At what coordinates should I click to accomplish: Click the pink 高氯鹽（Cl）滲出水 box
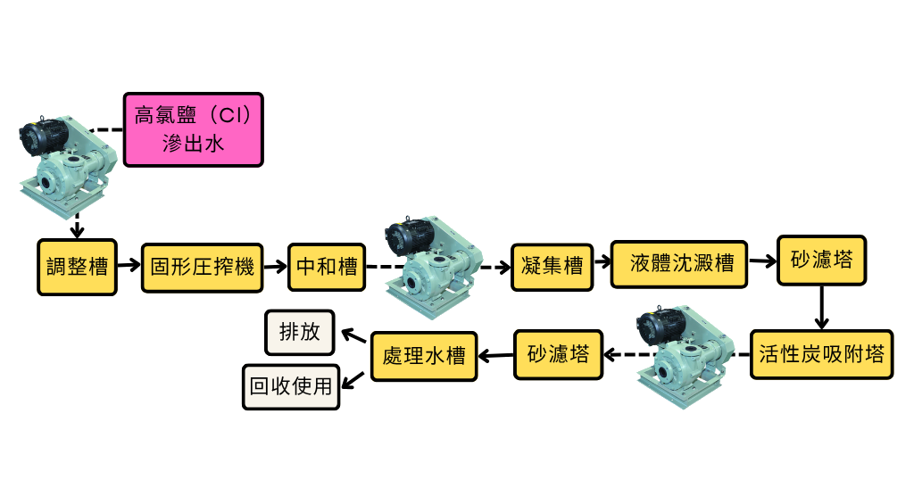coord(194,129)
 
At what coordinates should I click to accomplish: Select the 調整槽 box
coord(77,266)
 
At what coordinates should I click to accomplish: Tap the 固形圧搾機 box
coord(202,266)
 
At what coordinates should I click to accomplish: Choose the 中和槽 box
coord(326,266)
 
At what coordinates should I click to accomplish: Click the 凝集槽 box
coord(552,266)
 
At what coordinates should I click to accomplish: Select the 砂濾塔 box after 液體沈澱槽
coord(820,261)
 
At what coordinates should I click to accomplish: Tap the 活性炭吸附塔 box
coord(820,354)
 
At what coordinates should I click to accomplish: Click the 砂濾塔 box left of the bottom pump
coord(558,354)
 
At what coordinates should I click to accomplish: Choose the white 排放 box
coord(299,333)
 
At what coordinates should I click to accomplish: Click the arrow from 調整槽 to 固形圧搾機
coord(129,265)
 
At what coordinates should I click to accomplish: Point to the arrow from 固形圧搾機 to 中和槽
coord(275,265)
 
